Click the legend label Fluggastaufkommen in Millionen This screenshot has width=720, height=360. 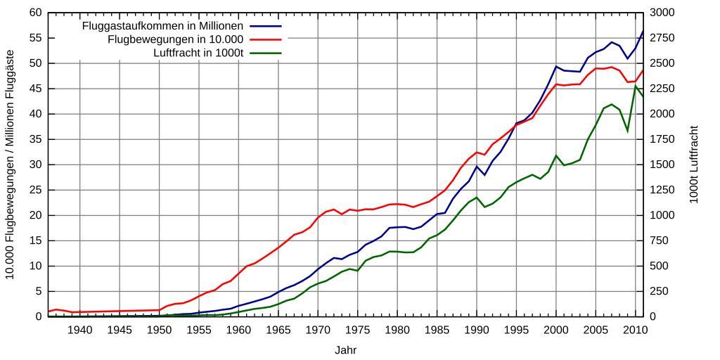162,26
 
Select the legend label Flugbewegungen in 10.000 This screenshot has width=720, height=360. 175,39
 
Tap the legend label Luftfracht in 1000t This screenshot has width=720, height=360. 198,53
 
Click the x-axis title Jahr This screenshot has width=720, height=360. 345,349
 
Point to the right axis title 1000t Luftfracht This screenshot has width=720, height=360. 694,165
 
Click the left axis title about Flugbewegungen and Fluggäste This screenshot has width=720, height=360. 10,165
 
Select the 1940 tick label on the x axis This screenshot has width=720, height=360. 79,330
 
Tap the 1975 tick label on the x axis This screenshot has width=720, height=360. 358,330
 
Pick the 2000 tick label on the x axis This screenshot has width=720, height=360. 556,330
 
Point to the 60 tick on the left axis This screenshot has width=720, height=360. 35,13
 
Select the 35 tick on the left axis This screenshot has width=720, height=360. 35,139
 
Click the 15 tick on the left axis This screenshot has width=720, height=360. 35,240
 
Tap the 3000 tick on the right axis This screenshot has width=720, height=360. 663,13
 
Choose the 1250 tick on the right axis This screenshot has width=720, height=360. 663,190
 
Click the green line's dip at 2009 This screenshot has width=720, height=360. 628,131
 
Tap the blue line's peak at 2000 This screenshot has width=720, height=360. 556,67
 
